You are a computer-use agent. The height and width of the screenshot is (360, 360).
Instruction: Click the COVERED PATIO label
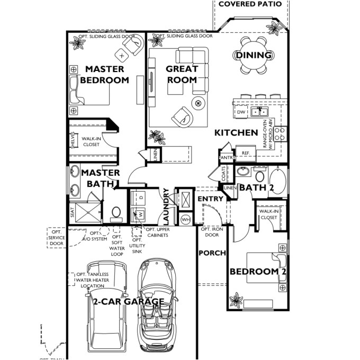251,4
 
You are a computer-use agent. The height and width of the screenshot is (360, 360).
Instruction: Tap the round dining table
253,55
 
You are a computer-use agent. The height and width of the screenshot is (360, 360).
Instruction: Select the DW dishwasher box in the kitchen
241,112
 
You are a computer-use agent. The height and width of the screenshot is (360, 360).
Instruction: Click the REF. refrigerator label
246,153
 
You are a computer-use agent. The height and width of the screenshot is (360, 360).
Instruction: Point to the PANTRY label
227,157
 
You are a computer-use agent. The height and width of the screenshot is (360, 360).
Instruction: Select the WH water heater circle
186,219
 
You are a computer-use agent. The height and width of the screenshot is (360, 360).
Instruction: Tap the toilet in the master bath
116,214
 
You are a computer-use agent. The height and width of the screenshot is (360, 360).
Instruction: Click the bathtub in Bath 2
278,181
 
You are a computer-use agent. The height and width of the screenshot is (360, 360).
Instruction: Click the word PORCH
212,253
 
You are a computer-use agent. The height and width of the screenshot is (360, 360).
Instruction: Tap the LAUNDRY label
166,206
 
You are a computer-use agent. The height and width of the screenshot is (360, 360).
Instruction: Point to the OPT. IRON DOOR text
212,232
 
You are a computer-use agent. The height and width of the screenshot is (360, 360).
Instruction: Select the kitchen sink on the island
259,112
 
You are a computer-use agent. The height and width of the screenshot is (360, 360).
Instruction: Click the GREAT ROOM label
182,74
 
